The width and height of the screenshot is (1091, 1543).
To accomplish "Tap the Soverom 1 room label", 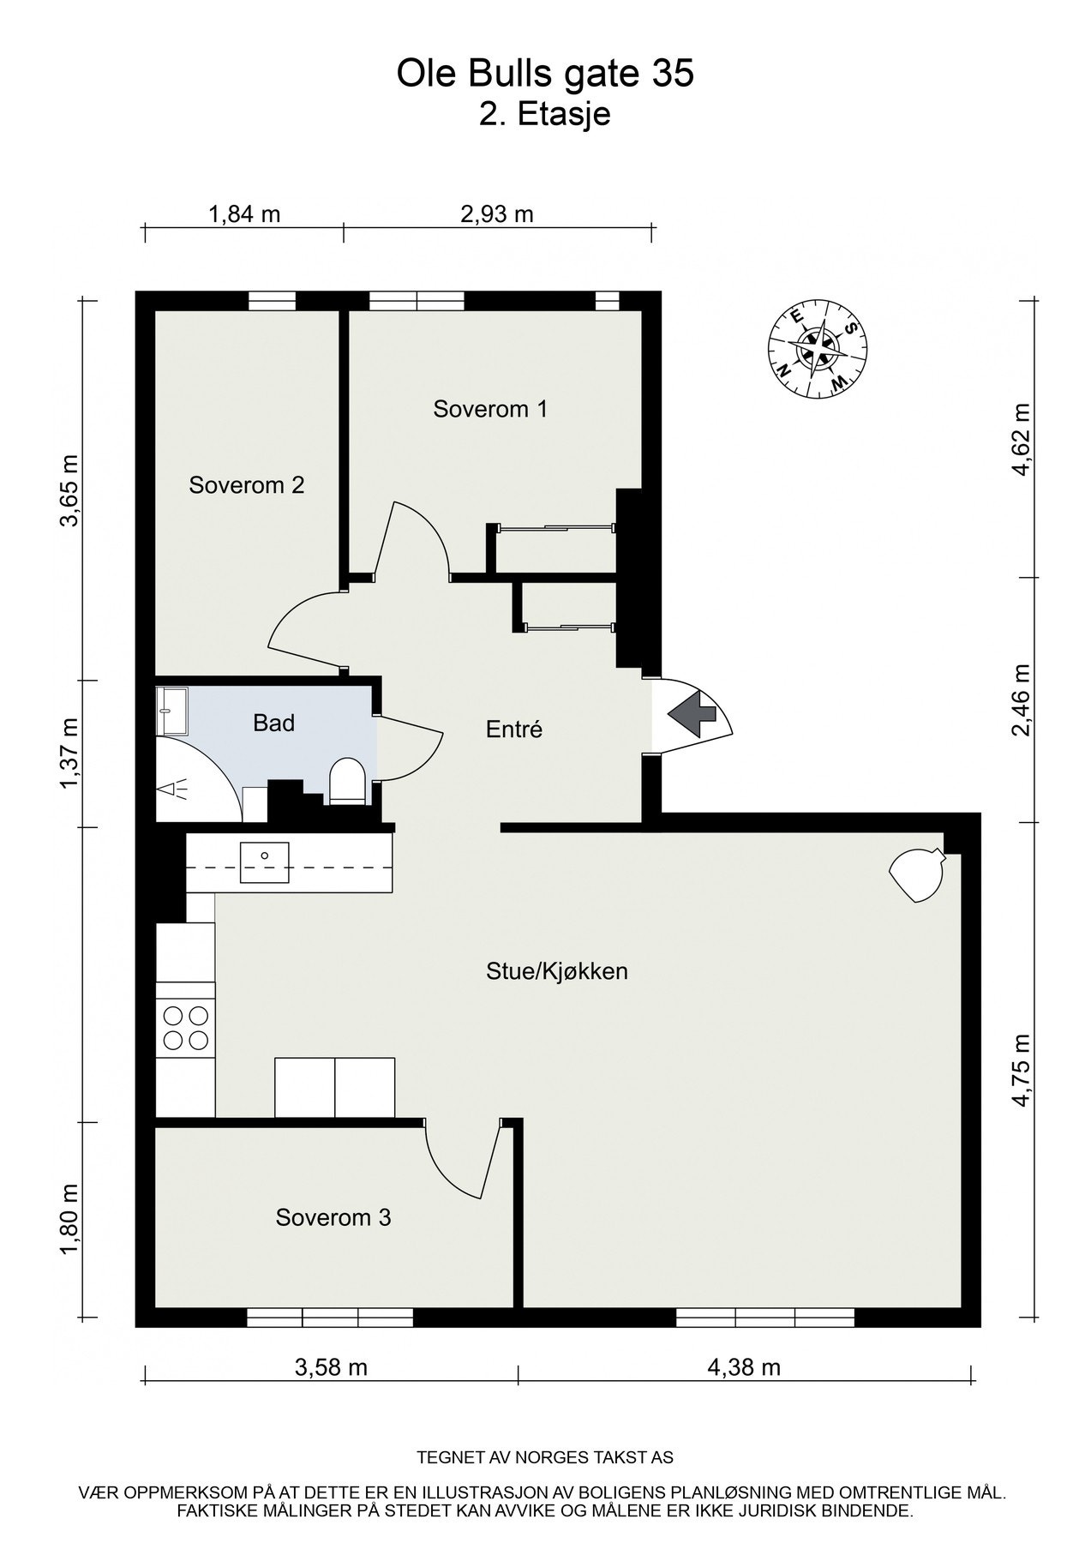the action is click(x=490, y=409).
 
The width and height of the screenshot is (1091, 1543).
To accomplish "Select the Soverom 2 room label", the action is click(x=247, y=485).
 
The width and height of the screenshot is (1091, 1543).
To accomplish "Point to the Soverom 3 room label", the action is click(x=333, y=1217).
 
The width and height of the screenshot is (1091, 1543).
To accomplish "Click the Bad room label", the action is click(x=274, y=723).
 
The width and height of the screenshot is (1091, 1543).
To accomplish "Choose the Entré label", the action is click(x=514, y=729).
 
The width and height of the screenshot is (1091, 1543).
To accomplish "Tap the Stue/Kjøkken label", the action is click(x=557, y=971).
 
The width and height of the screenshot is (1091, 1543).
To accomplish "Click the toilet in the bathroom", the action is click(x=348, y=781).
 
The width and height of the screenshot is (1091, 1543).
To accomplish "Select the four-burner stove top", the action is click(x=185, y=1028).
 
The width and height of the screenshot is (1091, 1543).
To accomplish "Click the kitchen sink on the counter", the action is click(x=265, y=862).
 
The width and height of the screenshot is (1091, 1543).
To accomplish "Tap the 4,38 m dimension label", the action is click(x=744, y=1366).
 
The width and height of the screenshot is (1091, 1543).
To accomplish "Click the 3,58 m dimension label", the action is click(x=331, y=1366).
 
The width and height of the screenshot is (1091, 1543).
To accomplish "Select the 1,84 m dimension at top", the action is click(x=244, y=213).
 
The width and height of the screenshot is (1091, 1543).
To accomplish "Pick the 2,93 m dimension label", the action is click(x=497, y=213).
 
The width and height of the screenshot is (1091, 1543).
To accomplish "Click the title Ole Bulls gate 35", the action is click(x=545, y=75).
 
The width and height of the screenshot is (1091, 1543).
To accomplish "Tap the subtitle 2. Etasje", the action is click(x=545, y=114).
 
